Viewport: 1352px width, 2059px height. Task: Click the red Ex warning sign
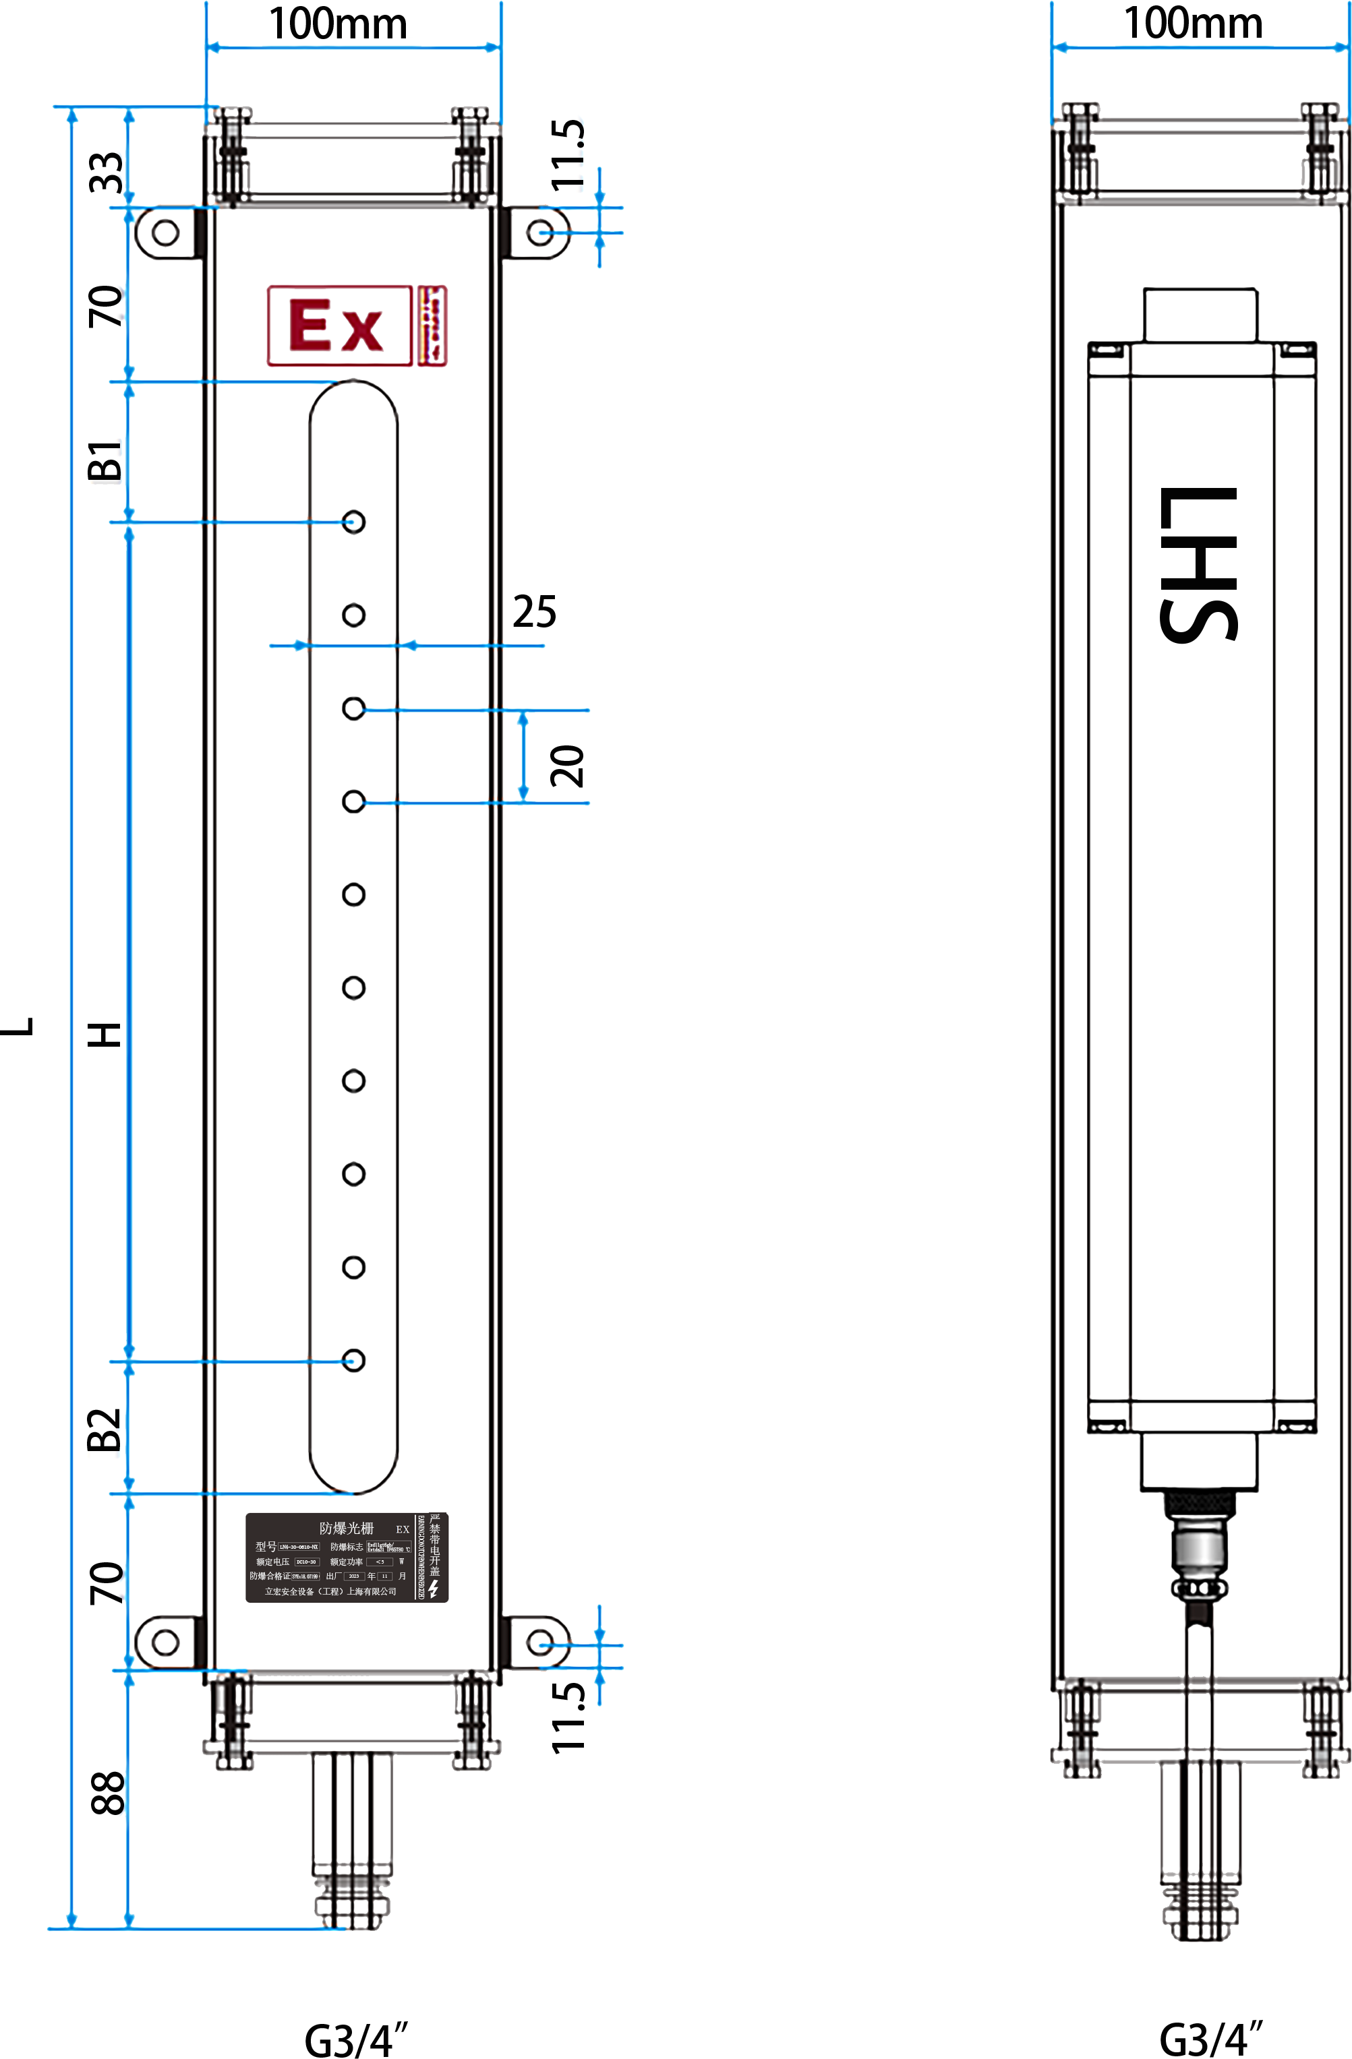339,326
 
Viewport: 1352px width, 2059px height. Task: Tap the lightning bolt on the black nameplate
434,1589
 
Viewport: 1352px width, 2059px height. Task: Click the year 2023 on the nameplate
354,1576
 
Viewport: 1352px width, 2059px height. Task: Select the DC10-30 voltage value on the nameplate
306,1562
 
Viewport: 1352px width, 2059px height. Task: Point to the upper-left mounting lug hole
165,232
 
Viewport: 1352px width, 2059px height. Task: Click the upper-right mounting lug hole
540,233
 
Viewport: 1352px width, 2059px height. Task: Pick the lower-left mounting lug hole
165,1641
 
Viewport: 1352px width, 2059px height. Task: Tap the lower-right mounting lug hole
540,1641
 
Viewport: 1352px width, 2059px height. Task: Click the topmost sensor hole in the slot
353,522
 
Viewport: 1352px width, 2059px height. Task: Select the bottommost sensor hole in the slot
353,1360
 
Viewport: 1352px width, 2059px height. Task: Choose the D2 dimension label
106,1432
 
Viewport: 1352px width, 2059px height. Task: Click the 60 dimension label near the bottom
107,1793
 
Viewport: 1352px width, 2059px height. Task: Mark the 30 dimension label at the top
107,171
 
